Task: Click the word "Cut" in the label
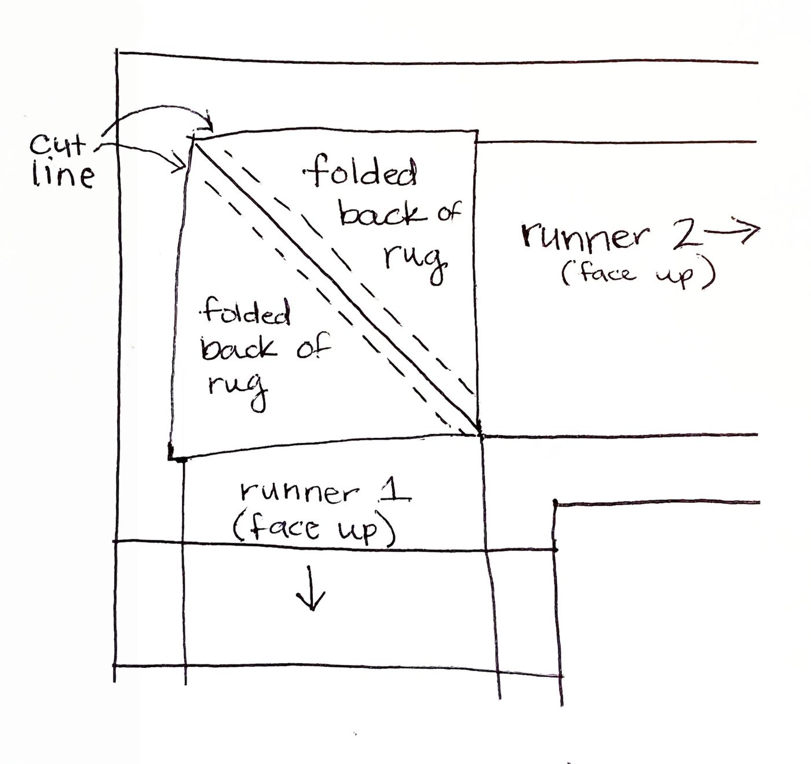(x=58, y=146)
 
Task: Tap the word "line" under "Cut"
(x=63, y=176)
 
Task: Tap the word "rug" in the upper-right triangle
(x=415, y=263)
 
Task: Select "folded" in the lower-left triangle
(x=246, y=312)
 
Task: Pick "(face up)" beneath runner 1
(x=313, y=528)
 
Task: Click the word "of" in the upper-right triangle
(x=449, y=213)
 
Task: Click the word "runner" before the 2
(x=584, y=236)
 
